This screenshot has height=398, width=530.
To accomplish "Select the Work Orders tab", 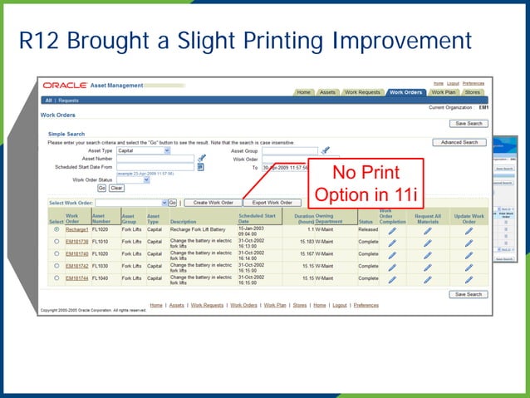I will (406, 92).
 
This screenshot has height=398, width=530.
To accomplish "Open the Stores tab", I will (473, 92).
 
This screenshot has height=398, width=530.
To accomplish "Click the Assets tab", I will (327, 92).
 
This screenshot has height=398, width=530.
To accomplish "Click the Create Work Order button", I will (213, 202).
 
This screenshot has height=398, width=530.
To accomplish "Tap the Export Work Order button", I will (272, 202).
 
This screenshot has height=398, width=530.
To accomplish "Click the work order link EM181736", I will (76, 242).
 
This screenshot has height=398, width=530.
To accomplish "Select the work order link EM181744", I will (76, 279).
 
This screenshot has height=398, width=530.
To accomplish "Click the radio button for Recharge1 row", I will (56, 229).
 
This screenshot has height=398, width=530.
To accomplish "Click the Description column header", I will (183, 222).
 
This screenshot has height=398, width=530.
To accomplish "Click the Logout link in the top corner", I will (452, 83).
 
